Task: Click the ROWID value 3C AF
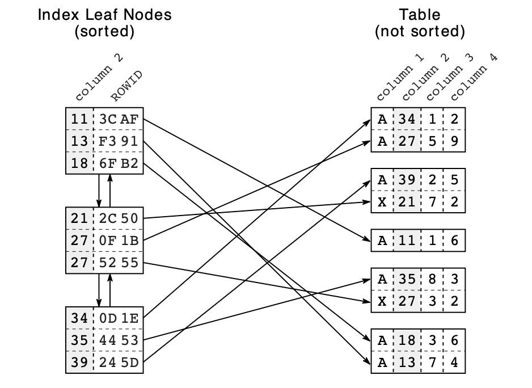pos(119,119)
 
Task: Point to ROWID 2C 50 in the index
pos(119,218)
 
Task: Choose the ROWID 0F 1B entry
pos(119,241)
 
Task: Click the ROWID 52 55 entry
pos(119,263)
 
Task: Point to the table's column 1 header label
pos(399,78)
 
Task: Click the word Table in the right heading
pos(420,14)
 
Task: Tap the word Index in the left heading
pos(54,14)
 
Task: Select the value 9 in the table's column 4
pos(454,142)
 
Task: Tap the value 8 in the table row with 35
pos(432,279)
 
